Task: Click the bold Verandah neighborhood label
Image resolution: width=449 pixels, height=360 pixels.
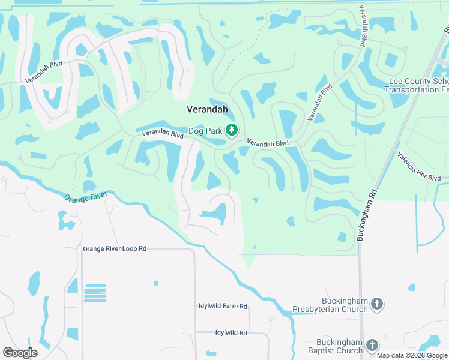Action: click(207, 110)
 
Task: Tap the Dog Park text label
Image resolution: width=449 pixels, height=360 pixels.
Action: click(205, 130)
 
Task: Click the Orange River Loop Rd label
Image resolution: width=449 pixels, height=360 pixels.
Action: click(115, 248)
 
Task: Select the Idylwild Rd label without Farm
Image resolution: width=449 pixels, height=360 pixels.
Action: click(223, 332)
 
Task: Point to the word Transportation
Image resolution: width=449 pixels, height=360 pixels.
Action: click(411, 89)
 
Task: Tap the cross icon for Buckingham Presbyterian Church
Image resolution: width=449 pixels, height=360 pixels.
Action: click(377, 304)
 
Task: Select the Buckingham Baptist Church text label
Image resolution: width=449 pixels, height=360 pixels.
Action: click(332, 346)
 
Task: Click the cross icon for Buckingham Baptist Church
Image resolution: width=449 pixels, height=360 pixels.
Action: click(372, 345)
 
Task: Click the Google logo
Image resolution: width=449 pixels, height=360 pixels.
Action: click(20, 353)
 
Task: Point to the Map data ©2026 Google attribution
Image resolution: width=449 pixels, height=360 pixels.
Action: click(412, 355)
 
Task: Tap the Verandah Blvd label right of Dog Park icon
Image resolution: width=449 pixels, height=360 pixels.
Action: click(268, 143)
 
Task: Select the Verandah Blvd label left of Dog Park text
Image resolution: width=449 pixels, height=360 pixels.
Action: click(162, 135)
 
